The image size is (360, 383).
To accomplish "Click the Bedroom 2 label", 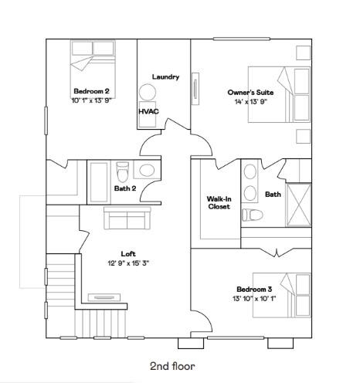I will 92,91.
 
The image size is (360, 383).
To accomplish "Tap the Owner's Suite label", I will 250,93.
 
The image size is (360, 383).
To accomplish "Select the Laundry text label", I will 165,76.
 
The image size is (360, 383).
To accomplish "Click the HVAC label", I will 148,111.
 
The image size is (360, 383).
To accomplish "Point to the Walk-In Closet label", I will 219,202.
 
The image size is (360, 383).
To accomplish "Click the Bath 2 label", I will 125,188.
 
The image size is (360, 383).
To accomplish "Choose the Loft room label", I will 128,253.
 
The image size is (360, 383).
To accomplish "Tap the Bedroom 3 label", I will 253,290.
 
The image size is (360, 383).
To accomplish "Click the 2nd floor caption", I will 172,366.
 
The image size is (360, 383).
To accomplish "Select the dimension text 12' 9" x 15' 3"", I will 128,263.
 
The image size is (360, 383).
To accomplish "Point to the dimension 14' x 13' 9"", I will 250,102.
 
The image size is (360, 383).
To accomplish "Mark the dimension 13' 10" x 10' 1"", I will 253,299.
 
